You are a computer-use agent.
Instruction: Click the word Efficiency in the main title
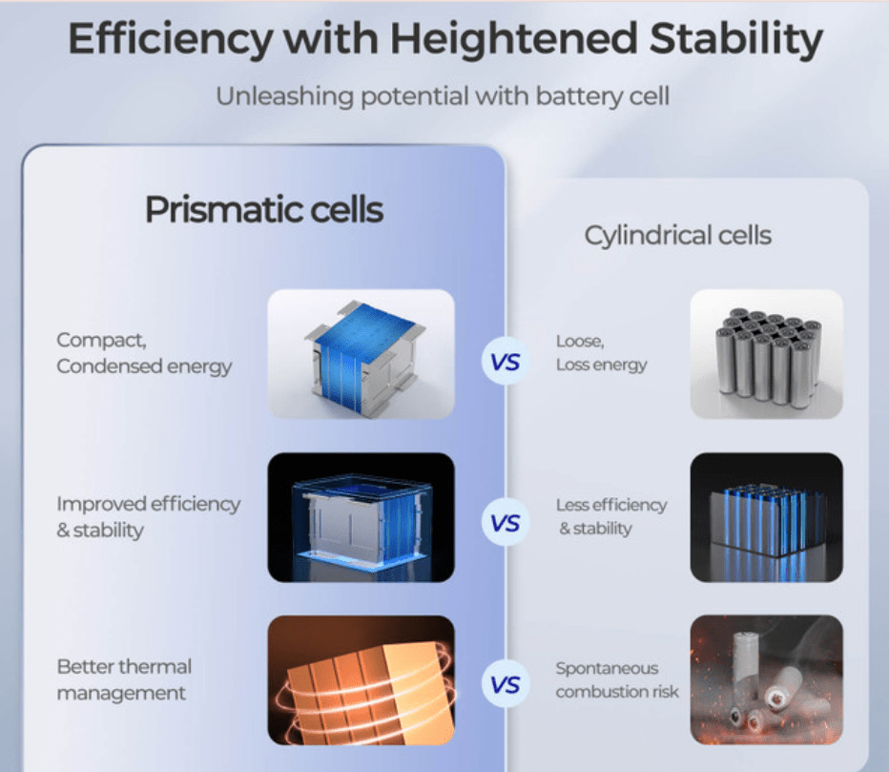click(x=171, y=40)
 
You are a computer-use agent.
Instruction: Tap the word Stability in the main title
click(x=736, y=40)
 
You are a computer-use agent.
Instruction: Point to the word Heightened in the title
click(x=514, y=38)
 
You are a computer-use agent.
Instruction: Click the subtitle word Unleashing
click(x=284, y=95)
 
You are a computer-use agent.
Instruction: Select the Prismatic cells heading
click(x=264, y=209)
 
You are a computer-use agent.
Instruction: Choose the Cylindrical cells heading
click(x=678, y=236)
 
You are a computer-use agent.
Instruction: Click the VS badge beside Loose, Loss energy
click(x=506, y=362)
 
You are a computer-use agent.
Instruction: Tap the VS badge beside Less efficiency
click(x=506, y=522)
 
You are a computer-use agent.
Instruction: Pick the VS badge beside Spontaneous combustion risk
click(x=506, y=684)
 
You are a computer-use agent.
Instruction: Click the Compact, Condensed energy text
click(x=144, y=353)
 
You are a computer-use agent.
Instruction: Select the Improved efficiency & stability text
click(x=149, y=517)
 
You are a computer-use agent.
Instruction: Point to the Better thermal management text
click(x=124, y=679)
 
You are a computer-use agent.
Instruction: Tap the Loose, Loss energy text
click(x=602, y=353)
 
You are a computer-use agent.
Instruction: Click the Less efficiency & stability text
click(x=611, y=517)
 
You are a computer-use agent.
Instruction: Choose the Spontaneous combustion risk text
click(x=617, y=679)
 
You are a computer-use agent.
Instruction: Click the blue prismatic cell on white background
click(x=362, y=355)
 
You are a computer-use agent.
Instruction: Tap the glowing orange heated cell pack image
click(x=362, y=680)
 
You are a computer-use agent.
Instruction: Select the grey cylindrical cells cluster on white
click(x=767, y=355)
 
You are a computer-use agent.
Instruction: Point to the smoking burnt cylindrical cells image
click(x=767, y=680)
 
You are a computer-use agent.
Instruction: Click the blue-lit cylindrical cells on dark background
click(x=767, y=517)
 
